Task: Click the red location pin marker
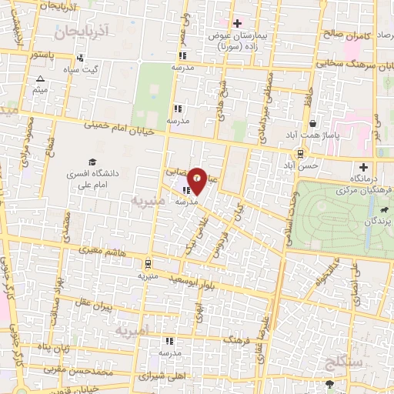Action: (x=197, y=180)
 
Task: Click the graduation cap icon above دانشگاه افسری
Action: (x=92, y=162)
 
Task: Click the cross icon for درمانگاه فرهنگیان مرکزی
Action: (x=363, y=167)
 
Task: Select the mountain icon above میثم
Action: (x=41, y=79)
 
